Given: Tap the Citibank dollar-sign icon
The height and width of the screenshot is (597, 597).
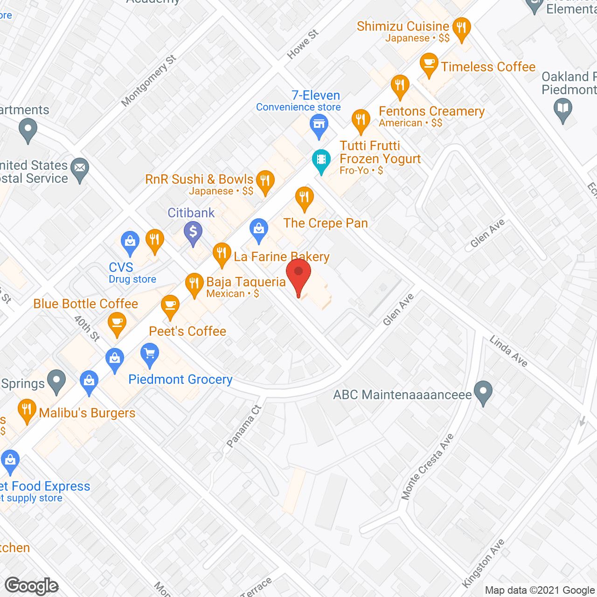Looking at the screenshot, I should click(193, 232).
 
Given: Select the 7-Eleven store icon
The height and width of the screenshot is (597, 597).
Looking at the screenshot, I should click(319, 125).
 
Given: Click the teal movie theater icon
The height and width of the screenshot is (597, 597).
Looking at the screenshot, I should click(321, 160).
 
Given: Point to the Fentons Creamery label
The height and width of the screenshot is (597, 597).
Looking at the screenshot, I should click(431, 111).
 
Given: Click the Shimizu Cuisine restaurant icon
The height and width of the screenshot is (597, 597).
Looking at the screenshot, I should click(461, 28).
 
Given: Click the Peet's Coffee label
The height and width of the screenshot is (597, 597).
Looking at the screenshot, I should click(187, 331).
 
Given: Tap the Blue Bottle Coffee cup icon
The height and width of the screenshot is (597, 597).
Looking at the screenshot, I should click(117, 322).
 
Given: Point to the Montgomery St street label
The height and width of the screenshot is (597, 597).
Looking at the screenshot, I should click(148, 81).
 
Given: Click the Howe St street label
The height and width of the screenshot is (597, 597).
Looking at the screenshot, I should click(303, 44).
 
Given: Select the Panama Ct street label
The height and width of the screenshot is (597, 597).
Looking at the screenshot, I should click(244, 426).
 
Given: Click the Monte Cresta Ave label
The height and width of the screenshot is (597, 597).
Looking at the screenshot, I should click(428, 466).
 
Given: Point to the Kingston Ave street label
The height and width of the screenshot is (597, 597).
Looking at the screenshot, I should click(484, 563).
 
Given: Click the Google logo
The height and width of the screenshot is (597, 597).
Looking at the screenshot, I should click(32, 585).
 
